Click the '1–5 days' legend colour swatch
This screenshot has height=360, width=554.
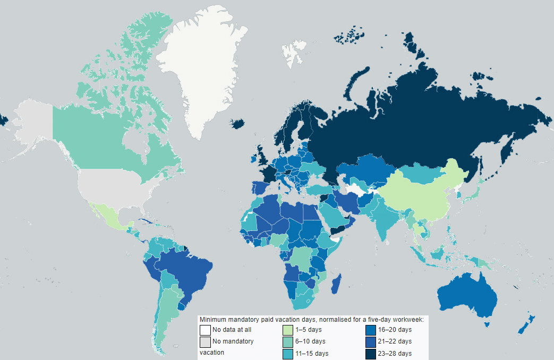click(287, 330)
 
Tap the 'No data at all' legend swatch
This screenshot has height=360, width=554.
click(204, 330)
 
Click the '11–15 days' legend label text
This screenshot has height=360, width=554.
click(312, 354)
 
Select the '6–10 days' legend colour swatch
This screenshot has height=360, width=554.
click(287, 342)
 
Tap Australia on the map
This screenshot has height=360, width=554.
click(467, 297)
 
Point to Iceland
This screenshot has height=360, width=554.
click(237, 123)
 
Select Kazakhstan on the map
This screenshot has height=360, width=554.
click(367, 170)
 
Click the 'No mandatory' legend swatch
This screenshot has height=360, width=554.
click(204, 342)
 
